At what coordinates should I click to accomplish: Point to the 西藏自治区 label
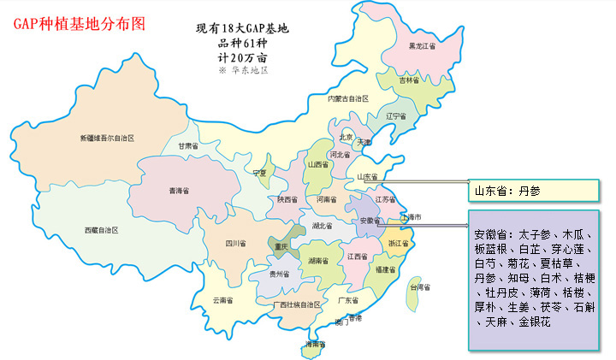(x=105, y=230)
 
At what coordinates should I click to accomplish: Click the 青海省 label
(x=180, y=191)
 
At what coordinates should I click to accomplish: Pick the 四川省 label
(x=235, y=245)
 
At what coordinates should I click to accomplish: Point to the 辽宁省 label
(x=396, y=115)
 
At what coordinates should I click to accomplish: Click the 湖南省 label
(x=319, y=260)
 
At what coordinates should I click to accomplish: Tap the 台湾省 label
(x=423, y=288)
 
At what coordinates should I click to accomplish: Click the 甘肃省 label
(x=188, y=146)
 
